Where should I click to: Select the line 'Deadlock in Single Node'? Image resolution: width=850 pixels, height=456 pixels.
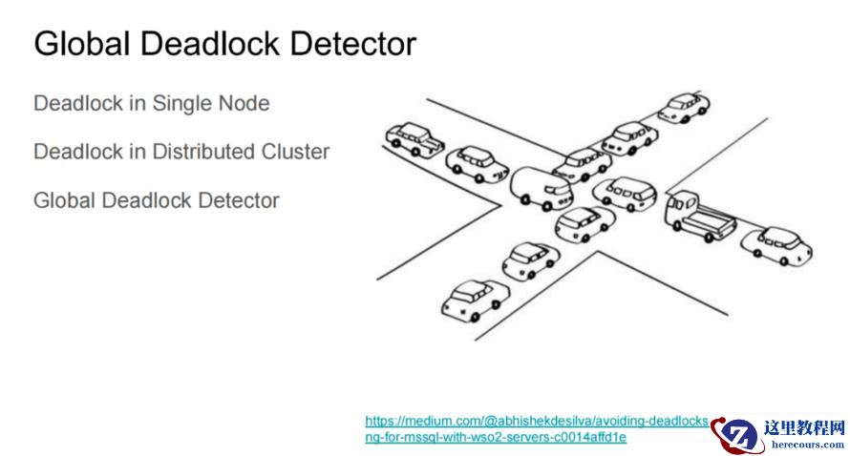pyautogui.click(x=151, y=103)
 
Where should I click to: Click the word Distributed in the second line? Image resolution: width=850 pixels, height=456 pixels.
pyautogui.click(x=206, y=152)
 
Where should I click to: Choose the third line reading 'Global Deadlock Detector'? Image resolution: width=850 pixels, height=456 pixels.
pyautogui.click(x=156, y=200)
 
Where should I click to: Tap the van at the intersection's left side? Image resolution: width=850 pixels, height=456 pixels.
pyautogui.click(x=542, y=187)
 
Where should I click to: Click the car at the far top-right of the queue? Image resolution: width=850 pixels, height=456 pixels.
pyautogui.click(x=683, y=106)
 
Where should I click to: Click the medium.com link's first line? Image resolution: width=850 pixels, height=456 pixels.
pyautogui.click(x=537, y=421)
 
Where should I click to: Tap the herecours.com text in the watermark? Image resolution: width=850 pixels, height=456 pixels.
pyautogui.click(x=807, y=445)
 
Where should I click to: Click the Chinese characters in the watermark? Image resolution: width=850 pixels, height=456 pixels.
pyautogui.click(x=805, y=428)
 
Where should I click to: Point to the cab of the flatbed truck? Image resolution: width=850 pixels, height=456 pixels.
pyautogui.click(x=680, y=207)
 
